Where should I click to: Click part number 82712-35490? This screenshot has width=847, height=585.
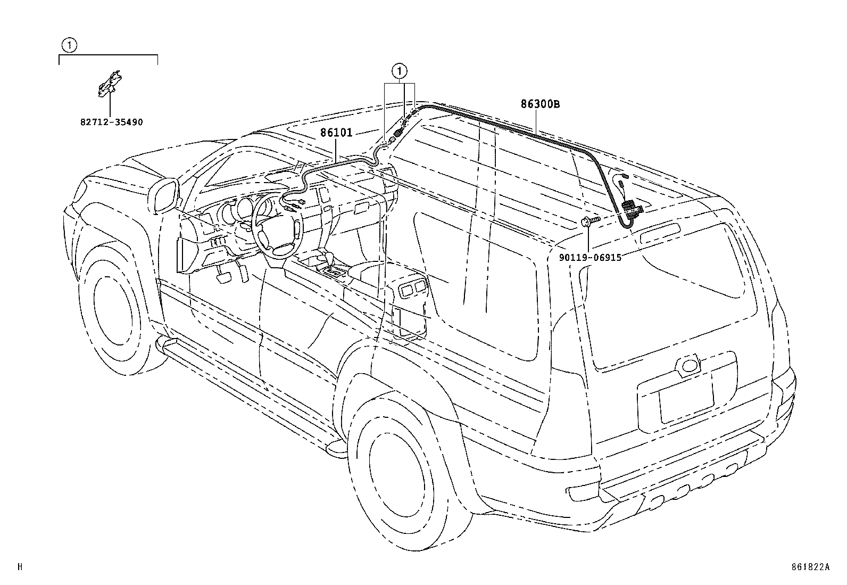point(112,122)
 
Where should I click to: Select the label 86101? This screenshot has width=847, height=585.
point(336,133)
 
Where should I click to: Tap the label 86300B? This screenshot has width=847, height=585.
point(540,104)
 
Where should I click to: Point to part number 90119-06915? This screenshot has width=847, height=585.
point(590,257)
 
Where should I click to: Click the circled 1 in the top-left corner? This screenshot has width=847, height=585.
point(70,45)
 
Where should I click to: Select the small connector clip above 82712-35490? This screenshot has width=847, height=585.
point(109,84)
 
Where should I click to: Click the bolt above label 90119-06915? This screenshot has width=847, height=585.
point(590,221)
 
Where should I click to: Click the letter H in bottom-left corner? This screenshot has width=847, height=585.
point(20,567)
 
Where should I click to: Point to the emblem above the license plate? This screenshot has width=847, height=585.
point(690,365)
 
